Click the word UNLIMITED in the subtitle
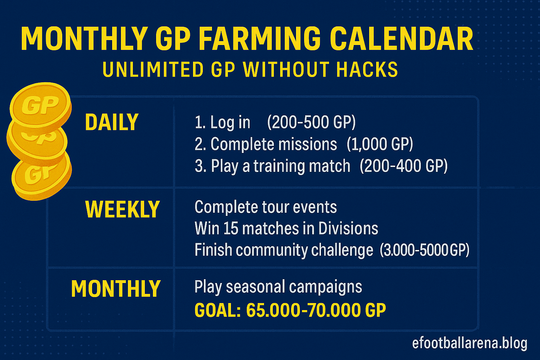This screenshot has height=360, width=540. pyautogui.click(x=152, y=69)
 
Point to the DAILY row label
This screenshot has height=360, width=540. pyautogui.click(x=112, y=122)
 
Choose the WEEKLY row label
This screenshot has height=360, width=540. pyautogui.click(x=122, y=209)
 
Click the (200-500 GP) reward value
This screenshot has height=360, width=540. pyautogui.click(x=311, y=122)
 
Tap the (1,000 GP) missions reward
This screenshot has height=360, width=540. pyautogui.click(x=380, y=144)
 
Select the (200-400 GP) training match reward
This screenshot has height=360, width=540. pyautogui.click(x=404, y=166)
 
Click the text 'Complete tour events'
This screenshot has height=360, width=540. pyautogui.click(x=266, y=207)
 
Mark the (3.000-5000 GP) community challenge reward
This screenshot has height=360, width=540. pyautogui.click(x=425, y=250)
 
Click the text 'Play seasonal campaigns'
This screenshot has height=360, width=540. pyautogui.click(x=278, y=287)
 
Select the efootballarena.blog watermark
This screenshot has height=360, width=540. pyautogui.click(x=470, y=343)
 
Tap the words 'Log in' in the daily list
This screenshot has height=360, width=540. pyautogui.click(x=230, y=123)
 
